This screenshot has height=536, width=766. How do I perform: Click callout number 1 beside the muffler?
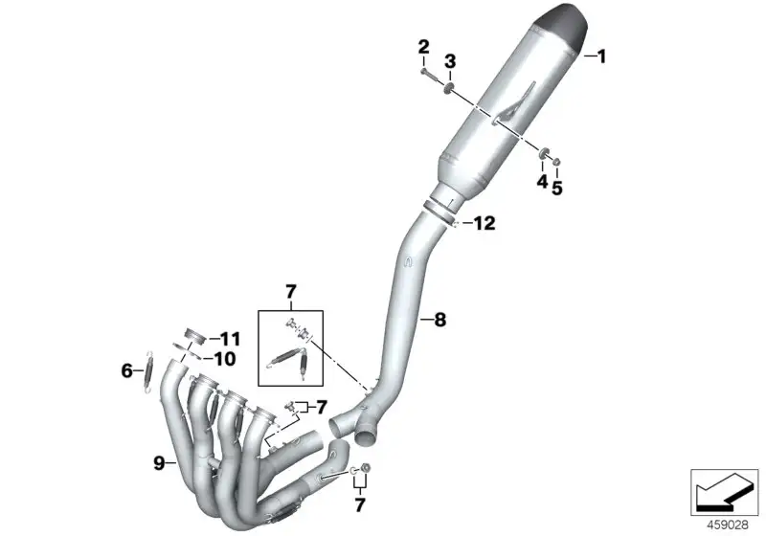point(602,56)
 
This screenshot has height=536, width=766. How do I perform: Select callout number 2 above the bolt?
point(423,47)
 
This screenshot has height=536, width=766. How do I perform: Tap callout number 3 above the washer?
point(450,61)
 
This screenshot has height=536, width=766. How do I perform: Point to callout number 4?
point(542,182)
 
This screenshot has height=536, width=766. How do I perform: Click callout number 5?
point(557,188)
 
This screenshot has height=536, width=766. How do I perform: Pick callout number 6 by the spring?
point(127,371)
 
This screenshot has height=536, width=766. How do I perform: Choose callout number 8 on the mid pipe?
point(440,321)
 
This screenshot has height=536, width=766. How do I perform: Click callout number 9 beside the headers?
point(159,462)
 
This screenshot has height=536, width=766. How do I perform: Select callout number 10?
point(225,359)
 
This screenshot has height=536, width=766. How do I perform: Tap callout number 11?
point(230,339)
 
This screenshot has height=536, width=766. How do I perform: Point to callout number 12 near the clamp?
point(485,224)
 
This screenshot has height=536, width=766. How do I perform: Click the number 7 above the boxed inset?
point(291,293)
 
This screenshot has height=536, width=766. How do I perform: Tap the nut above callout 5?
point(556,161)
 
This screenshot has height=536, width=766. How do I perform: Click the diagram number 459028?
point(728,525)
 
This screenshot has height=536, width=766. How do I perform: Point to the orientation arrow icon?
point(725,492)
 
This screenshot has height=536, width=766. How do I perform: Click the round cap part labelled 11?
point(194,336)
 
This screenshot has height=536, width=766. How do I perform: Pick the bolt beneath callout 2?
point(429,75)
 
